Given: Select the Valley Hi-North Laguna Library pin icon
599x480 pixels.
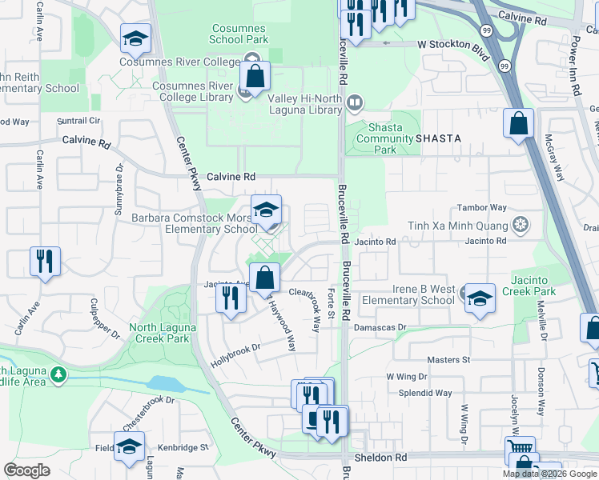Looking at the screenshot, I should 355,102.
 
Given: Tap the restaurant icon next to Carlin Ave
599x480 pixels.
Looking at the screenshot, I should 45,262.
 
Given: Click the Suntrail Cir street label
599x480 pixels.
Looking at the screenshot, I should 78,121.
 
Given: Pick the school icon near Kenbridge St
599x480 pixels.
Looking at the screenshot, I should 129,448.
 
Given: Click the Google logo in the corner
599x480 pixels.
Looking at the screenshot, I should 26,470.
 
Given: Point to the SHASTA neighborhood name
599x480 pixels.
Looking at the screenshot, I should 437,138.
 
